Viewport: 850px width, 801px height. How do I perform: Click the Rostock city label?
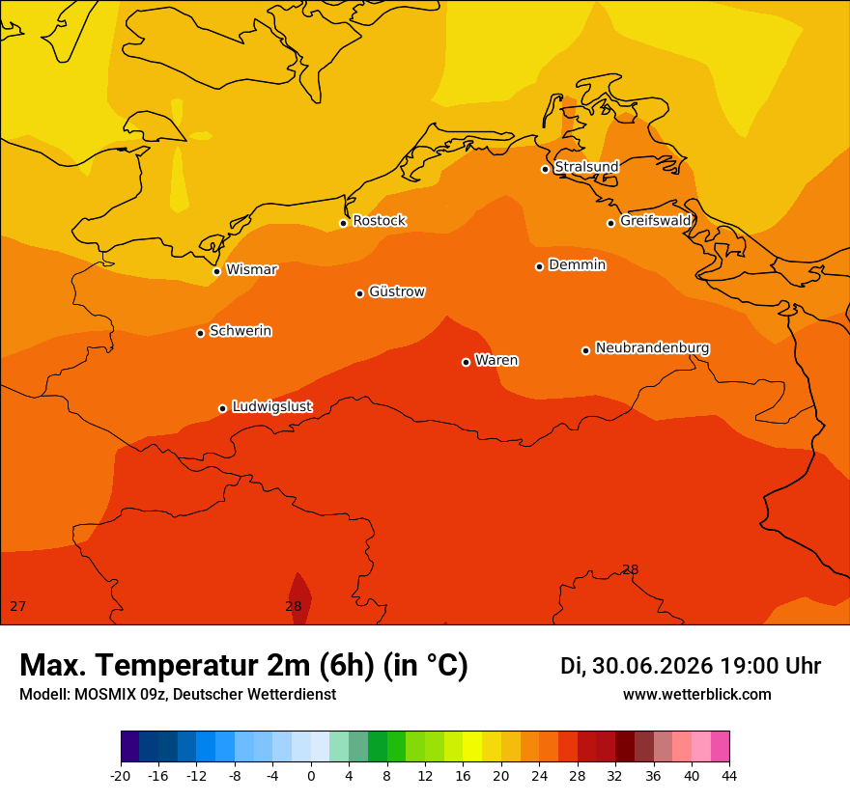[379, 220]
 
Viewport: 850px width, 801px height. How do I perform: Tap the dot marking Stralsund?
[546, 169]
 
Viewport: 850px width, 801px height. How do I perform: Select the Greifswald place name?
[656, 220]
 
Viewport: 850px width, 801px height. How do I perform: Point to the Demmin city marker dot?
[539, 266]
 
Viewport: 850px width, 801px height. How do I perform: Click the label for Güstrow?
[397, 291]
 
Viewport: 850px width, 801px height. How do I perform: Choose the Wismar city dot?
[216, 271]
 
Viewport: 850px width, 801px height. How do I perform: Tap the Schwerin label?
[241, 330]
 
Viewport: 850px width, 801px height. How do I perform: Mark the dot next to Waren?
[467, 362]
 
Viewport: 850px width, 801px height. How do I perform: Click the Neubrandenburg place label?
[652, 347]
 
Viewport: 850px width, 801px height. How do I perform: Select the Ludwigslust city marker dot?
[223, 408]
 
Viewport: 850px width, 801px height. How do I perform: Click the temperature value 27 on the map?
[18, 606]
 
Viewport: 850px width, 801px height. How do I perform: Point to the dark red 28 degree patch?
[299, 598]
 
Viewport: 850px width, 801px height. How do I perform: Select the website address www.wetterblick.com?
[696, 694]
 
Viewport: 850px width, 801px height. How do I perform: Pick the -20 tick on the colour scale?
[121, 776]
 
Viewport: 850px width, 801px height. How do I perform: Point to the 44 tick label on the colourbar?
[729, 776]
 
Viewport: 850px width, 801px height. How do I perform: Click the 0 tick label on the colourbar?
[311, 776]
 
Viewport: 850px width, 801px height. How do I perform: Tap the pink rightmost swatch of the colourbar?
[720, 746]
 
